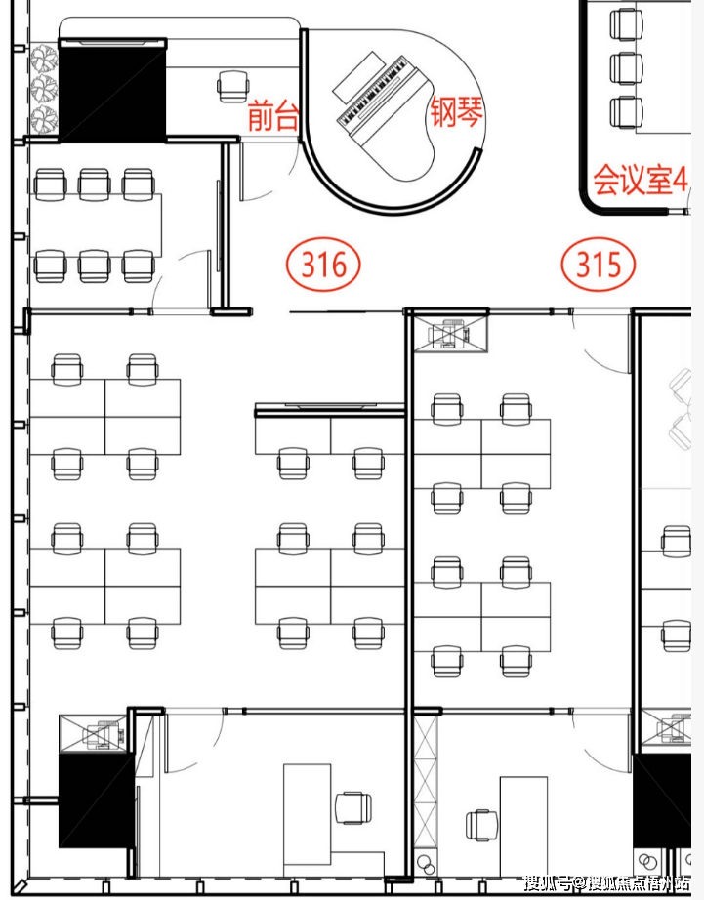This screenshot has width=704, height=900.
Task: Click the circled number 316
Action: tap(323, 264)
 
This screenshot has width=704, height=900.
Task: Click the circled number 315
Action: tap(599, 264)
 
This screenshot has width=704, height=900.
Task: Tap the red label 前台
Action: tap(272, 116)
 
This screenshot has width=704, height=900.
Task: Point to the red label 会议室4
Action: tap(640, 181)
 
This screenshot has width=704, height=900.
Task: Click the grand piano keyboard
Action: tap(372, 92)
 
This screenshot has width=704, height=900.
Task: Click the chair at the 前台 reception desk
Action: tap(232, 86)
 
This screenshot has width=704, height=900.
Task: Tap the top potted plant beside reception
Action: tap(44, 61)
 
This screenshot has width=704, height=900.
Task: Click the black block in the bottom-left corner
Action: tap(95, 800)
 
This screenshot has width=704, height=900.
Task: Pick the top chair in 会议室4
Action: tap(626, 23)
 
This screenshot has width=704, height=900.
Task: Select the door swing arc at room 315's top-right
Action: tap(596, 337)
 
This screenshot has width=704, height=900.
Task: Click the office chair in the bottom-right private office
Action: tap(480, 825)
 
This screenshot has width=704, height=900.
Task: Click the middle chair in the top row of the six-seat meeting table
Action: tap(94, 182)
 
